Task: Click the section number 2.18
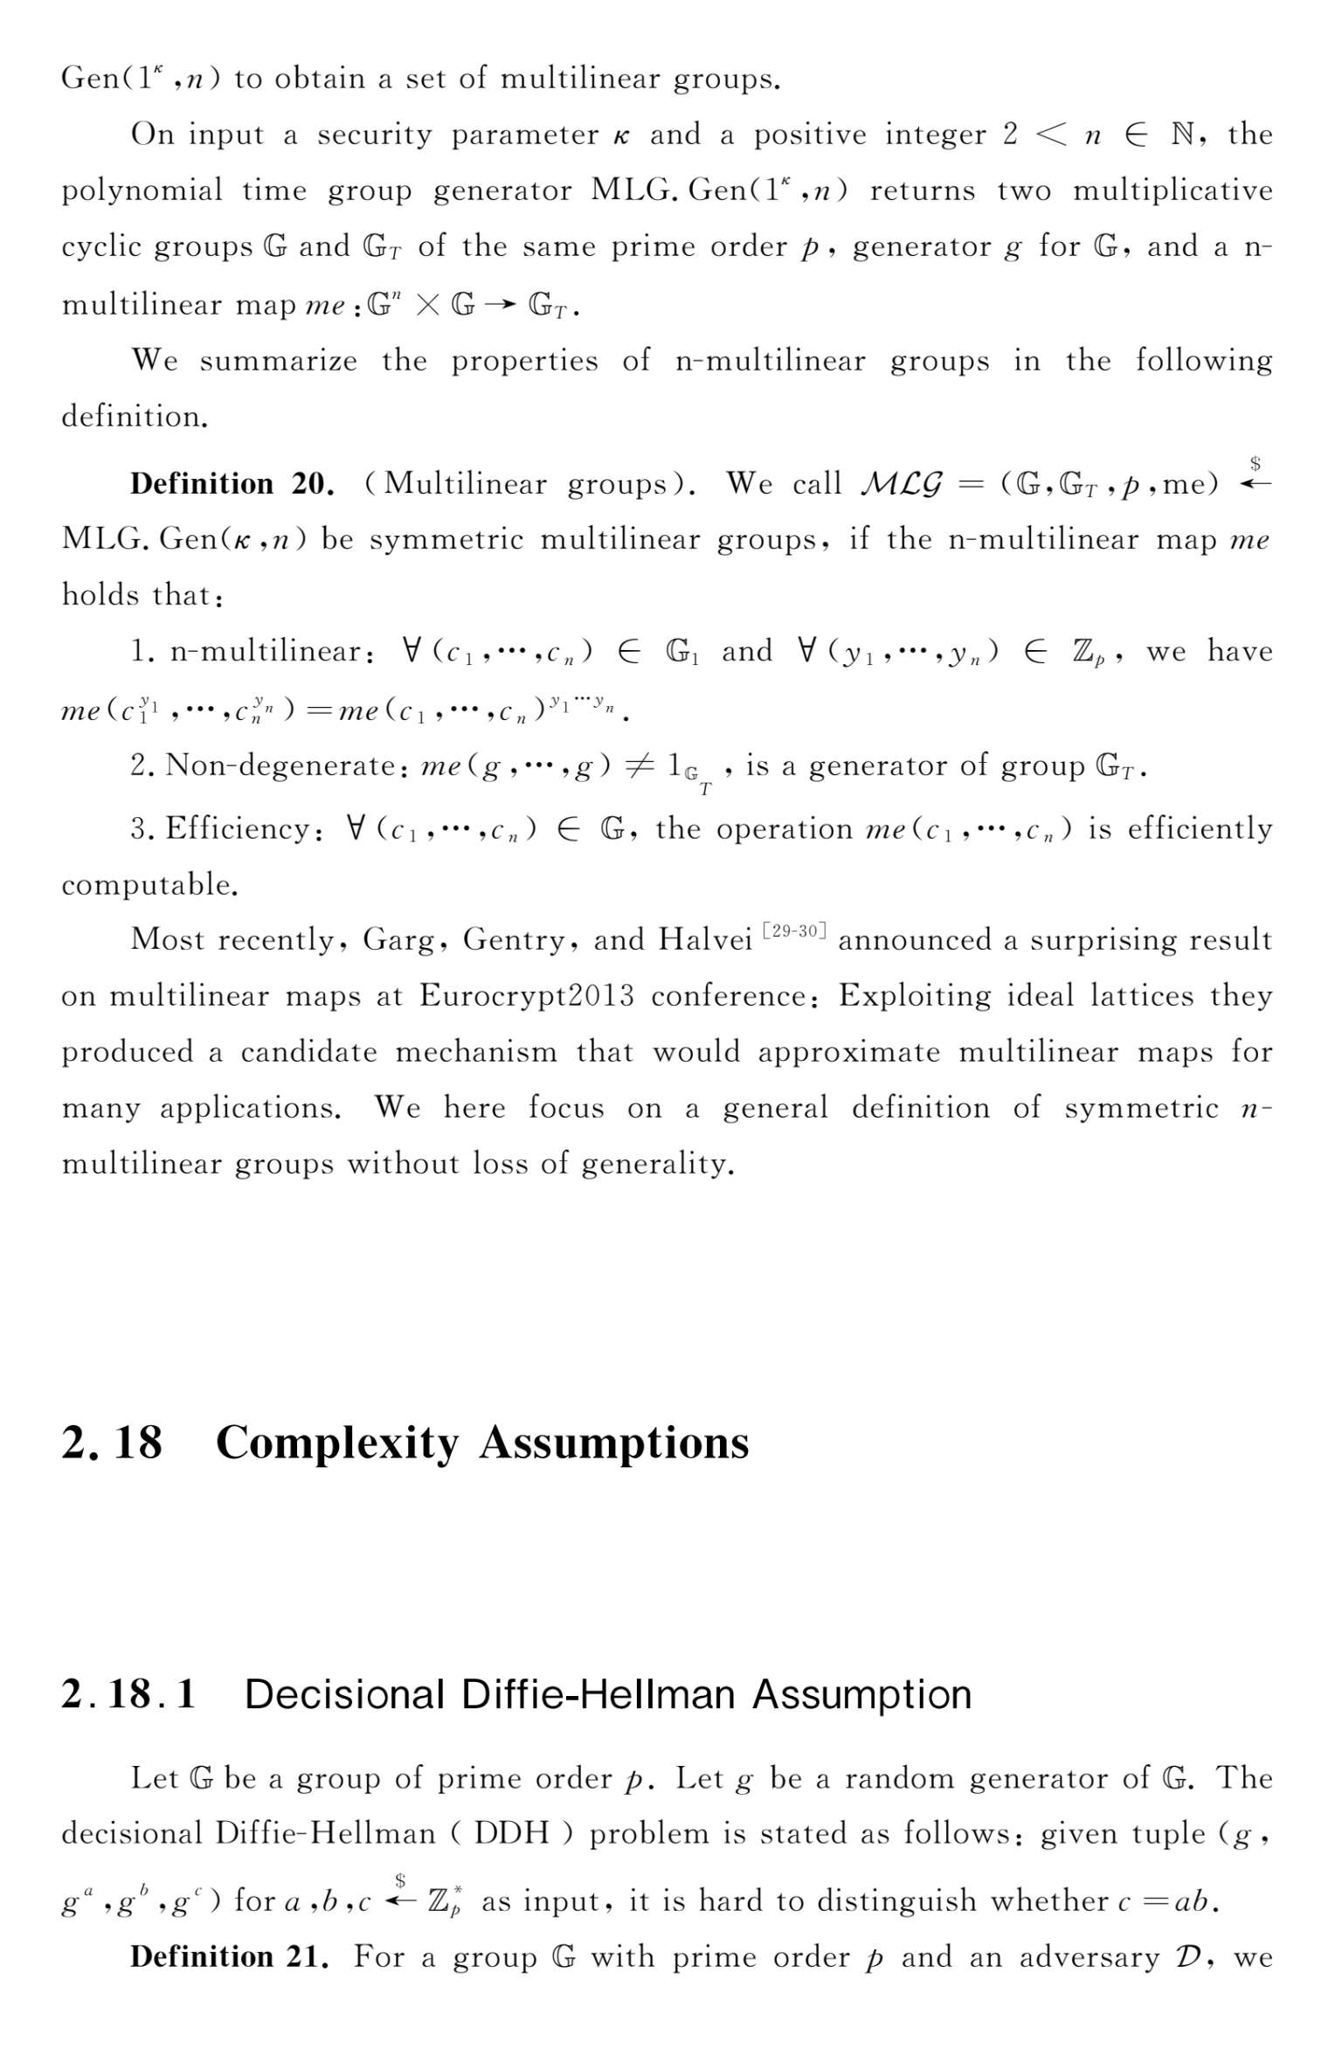click(x=112, y=1442)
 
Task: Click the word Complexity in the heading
click(x=336, y=1443)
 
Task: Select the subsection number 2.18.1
click(x=128, y=1693)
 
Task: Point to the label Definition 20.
click(x=232, y=483)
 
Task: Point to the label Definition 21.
click(x=229, y=1956)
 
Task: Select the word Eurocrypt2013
click(x=526, y=996)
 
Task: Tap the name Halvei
click(x=704, y=939)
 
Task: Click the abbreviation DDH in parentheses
click(x=511, y=1834)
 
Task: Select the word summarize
click(x=278, y=361)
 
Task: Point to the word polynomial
click(x=142, y=190)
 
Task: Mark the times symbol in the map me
click(x=427, y=305)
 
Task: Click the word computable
click(x=149, y=884)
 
